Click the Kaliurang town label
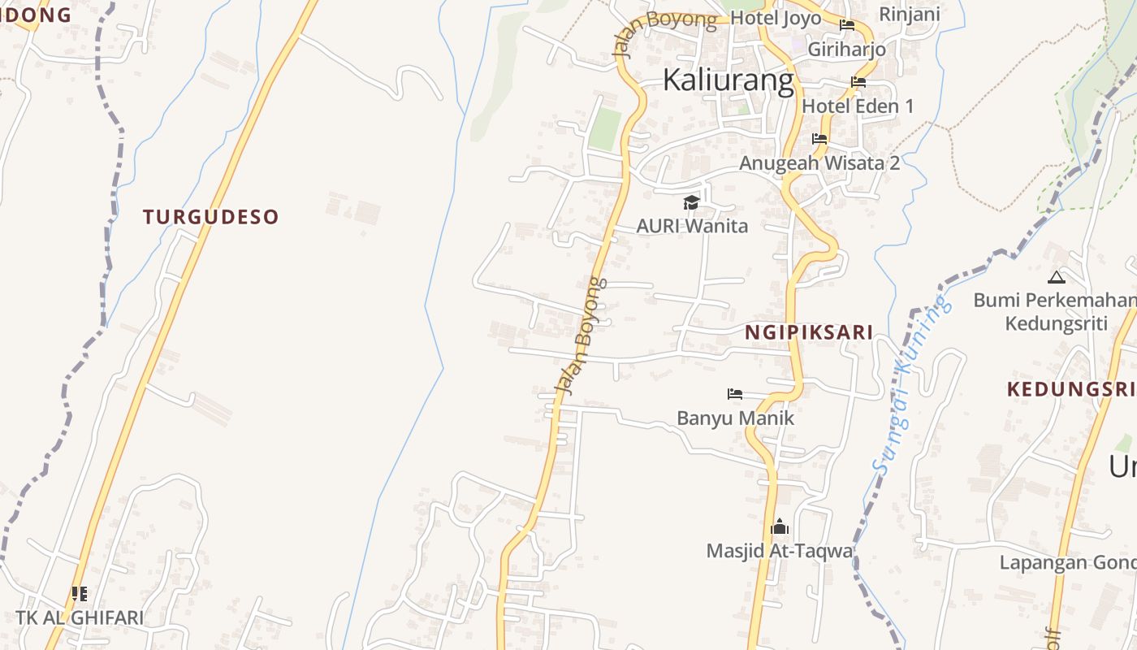728,80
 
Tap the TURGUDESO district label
211,217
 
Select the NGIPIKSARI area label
809,331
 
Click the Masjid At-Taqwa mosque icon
780,527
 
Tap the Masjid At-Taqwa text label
780,551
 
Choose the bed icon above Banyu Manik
735,394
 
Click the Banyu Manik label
735,418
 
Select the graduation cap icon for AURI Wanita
691,202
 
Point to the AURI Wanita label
692,226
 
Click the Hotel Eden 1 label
858,106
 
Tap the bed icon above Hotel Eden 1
858,82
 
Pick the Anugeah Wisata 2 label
819,162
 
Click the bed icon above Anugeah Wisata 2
819,139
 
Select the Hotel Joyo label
776,18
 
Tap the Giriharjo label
846,49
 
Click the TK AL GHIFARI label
80,617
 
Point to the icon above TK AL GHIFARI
79,594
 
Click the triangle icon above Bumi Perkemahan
1056,277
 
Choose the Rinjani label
910,14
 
